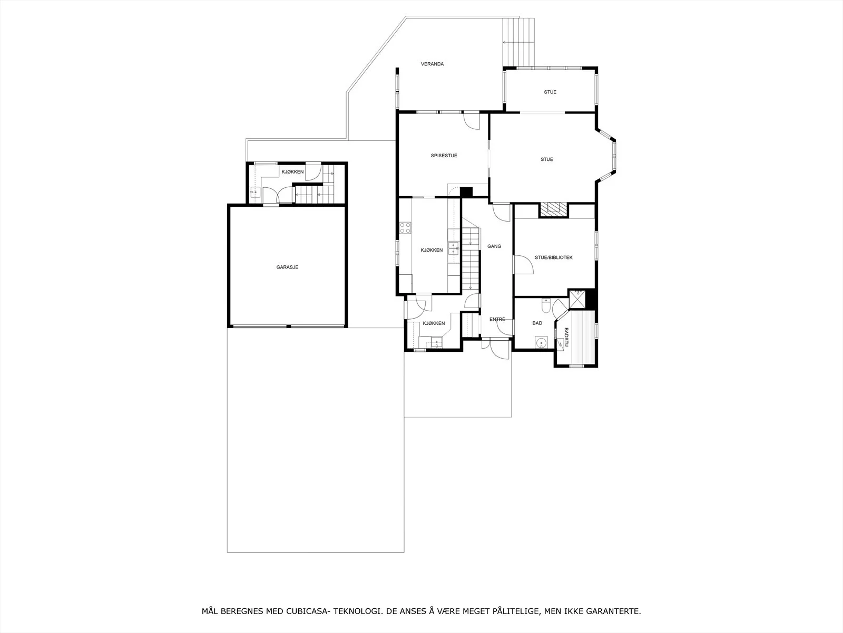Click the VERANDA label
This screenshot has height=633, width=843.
(432, 64)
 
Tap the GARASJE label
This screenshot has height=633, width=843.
(287, 267)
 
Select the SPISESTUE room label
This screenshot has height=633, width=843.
(444, 156)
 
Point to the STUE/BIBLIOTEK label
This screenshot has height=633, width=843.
(553, 257)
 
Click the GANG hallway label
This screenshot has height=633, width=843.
(494, 246)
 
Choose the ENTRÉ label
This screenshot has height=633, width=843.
(497, 319)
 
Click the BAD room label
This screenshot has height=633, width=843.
(537, 323)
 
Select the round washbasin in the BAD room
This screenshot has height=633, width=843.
(541, 342)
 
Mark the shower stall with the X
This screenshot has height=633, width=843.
(577, 299)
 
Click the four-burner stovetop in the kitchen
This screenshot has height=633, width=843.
(405, 228)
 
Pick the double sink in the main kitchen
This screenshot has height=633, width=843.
(454, 248)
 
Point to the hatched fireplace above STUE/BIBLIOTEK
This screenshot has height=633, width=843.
(553, 210)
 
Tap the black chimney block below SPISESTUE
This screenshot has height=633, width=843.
(466, 192)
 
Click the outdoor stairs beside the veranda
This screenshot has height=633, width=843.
(518, 42)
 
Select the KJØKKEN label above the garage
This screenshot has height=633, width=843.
(292, 172)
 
